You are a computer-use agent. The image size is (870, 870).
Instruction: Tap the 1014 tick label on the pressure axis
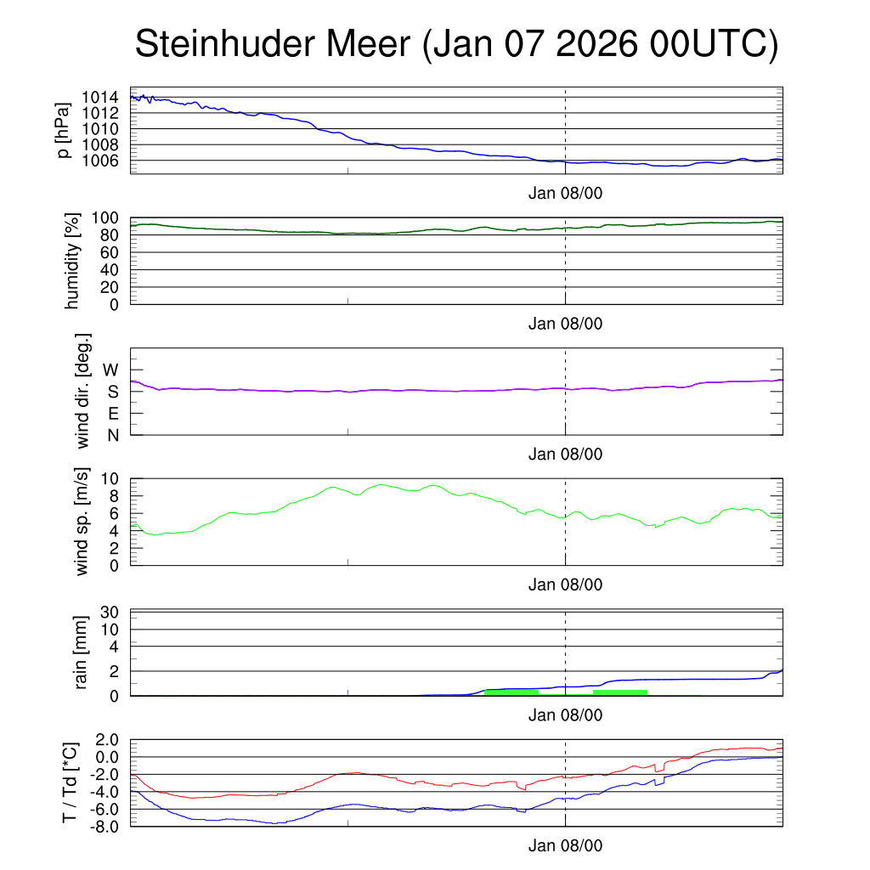pyautogui.click(x=105, y=97)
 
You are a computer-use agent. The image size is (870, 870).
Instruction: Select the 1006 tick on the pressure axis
pyautogui.click(x=105, y=160)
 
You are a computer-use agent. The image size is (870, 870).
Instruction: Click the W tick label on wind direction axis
pyautogui.click(x=111, y=370)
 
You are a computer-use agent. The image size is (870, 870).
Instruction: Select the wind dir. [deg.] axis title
pyautogui.click(x=83, y=391)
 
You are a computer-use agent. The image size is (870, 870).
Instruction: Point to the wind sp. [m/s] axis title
pyautogui.click(x=82, y=521)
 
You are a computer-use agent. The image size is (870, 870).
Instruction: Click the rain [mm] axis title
pyautogui.click(x=82, y=652)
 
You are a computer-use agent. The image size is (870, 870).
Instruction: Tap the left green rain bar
pyautogui.click(x=511, y=692)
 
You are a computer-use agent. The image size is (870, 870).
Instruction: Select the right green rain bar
pyautogui.click(x=620, y=692)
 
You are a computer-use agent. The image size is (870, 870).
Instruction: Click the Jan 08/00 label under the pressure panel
pyautogui.click(x=565, y=193)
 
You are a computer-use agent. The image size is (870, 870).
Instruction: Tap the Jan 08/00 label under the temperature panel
pyautogui.click(x=565, y=846)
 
